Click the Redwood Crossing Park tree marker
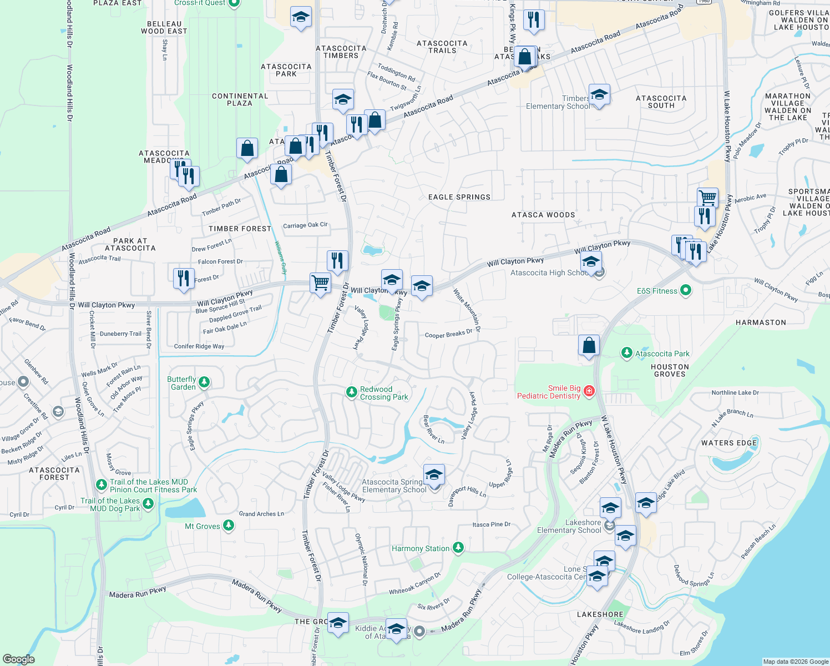tap(351, 392)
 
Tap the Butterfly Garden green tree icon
tap(204, 382)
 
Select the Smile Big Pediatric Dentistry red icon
tap(589, 391)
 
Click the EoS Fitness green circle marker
tap(686, 290)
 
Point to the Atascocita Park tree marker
tap(626, 353)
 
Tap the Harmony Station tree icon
tap(458, 548)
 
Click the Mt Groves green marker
tap(229, 526)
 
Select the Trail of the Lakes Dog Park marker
tap(148, 503)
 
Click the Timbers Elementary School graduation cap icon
tap(599, 95)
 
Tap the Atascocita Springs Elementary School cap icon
tap(434, 475)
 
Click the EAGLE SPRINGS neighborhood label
tap(459, 197)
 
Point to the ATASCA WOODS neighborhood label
tap(543, 215)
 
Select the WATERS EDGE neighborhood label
tap(729, 443)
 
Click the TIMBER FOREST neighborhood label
tap(240, 229)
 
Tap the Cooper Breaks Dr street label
tap(448, 334)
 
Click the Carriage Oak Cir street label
tap(305, 225)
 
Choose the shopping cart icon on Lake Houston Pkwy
tap(707, 197)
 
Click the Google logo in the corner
tap(18, 659)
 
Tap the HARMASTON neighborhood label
tap(761, 322)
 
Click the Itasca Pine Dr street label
tap(491, 524)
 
